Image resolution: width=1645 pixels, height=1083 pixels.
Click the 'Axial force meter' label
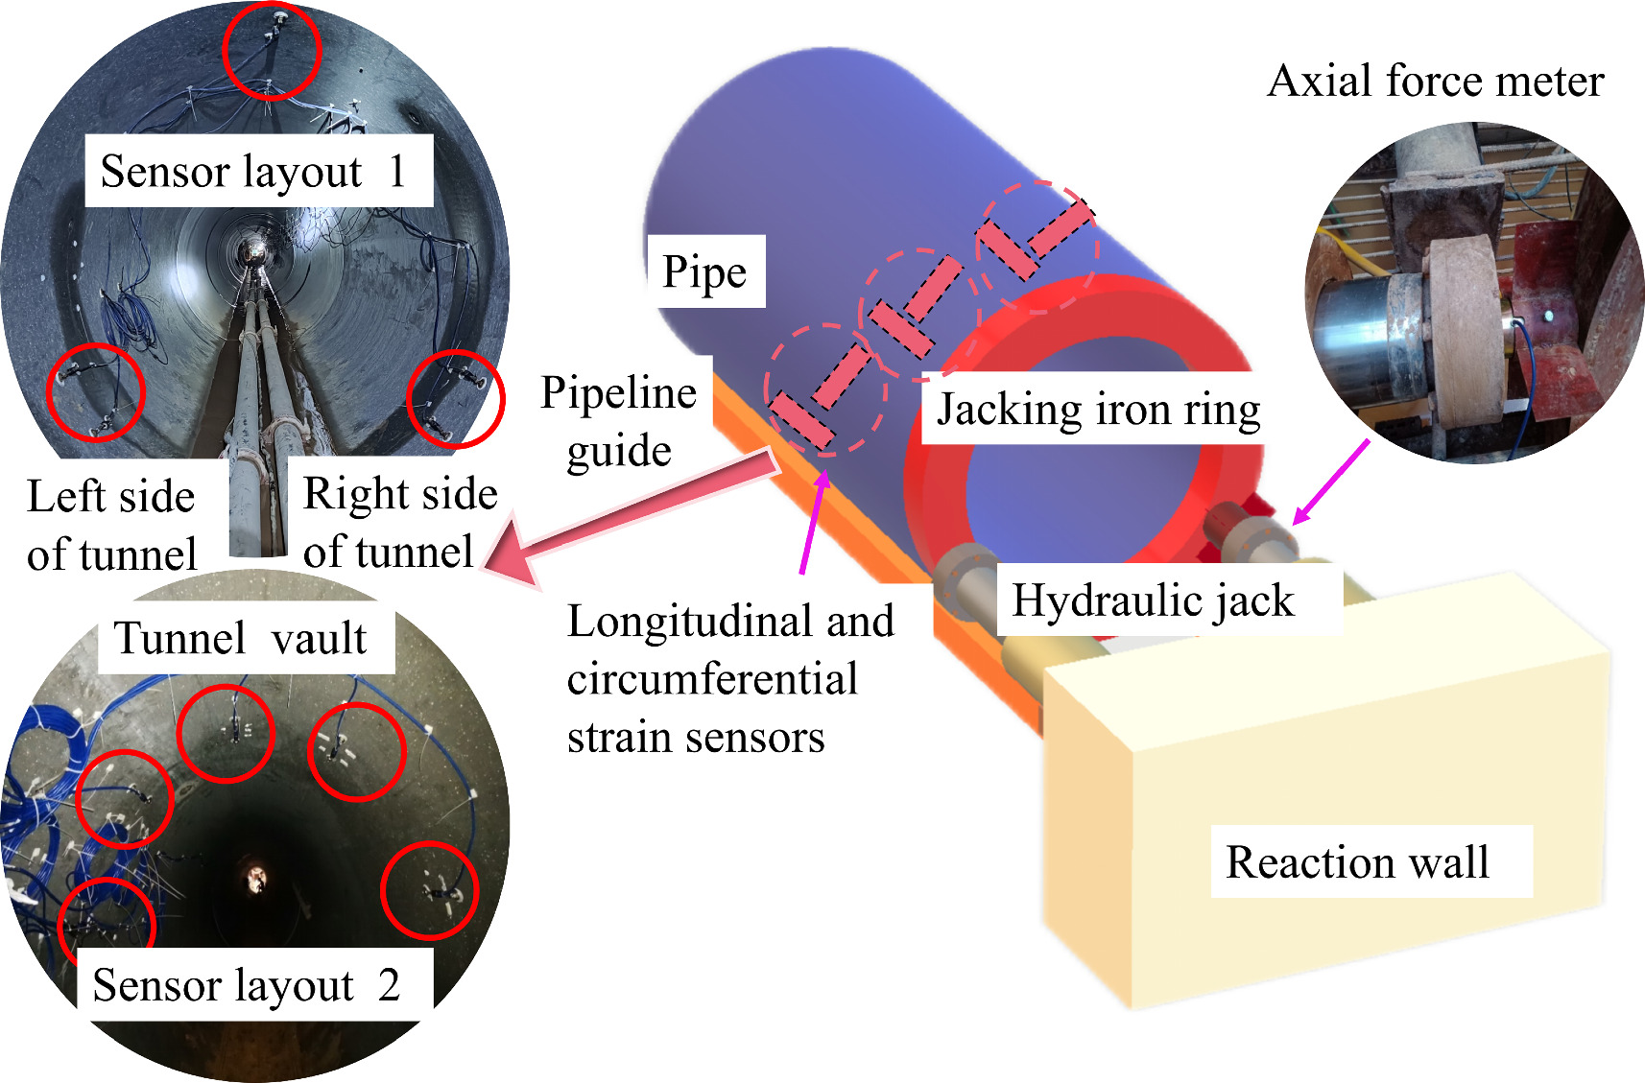pyautogui.click(x=1435, y=82)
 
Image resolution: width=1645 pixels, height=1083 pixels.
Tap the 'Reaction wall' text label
pyautogui.click(x=1357, y=861)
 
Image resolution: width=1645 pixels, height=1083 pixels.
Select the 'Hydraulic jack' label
pyautogui.click(x=1153, y=600)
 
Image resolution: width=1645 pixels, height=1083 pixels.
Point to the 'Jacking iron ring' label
pyautogui.click(x=1098, y=410)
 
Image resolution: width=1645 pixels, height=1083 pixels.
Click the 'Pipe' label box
pyautogui.click(x=704, y=272)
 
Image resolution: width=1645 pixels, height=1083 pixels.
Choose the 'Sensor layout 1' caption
pyautogui.click(x=253, y=172)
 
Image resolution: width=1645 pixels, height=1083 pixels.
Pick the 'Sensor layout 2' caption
pyautogui.click(x=247, y=985)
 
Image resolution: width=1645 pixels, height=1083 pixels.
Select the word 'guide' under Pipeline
pyautogui.click(x=619, y=450)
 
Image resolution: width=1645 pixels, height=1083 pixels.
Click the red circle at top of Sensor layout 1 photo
pyautogui.click(x=271, y=51)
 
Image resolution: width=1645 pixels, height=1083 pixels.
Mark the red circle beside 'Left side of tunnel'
pyautogui.click(x=95, y=391)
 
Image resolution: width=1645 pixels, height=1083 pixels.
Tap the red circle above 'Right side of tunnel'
pyautogui.click(x=456, y=399)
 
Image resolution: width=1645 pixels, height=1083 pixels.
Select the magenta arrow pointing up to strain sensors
pyautogui.click(x=814, y=523)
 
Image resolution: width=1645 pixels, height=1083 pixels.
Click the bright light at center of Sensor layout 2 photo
pyautogui.click(x=256, y=876)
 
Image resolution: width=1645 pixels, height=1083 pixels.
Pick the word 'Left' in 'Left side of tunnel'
pyautogui.click(x=65, y=497)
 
